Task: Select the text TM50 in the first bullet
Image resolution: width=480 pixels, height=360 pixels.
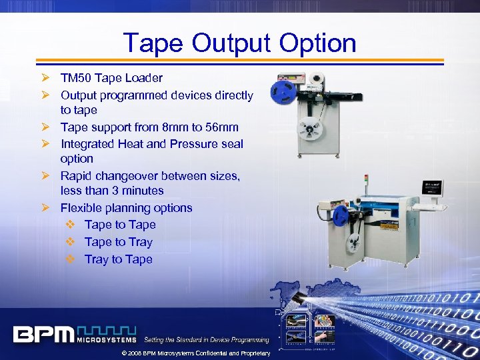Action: click(x=74, y=78)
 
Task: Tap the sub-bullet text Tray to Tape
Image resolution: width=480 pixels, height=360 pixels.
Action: click(x=118, y=259)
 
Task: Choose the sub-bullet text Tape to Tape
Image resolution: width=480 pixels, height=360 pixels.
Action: click(x=120, y=225)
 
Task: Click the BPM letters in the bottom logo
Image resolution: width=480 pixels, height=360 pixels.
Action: click(x=44, y=333)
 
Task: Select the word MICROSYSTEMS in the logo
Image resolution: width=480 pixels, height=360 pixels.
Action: click(x=107, y=340)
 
